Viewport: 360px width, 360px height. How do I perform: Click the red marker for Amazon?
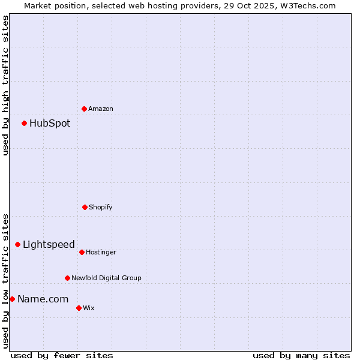(x=84, y=109)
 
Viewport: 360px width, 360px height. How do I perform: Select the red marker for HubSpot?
(x=24, y=124)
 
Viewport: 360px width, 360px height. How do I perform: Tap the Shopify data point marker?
(x=85, y=207)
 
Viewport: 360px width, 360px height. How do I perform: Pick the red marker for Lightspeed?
(x=17, y=244)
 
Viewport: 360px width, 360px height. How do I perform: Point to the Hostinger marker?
(x=82, y=252)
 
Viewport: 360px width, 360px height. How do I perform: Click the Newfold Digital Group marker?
(x=67, y=278)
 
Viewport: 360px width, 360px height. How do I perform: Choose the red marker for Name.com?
(x=12, y=299)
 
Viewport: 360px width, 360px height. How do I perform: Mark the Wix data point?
(x=79, y=308)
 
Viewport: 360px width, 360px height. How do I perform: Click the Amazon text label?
(x=101, y=109)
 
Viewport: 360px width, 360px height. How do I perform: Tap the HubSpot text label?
(x=50, y=124)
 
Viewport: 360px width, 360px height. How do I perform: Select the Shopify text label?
(x=101, y=207)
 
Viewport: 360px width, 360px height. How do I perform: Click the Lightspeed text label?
(x=49, y=244)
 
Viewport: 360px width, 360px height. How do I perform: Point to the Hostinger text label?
(x=101, y=252)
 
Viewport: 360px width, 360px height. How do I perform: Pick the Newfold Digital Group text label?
(x=106, y=278)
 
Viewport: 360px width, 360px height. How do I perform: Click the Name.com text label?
(x=43, y=299)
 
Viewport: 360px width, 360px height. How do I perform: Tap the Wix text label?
(x=89, y=308)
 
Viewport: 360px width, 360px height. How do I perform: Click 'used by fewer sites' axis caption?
(x=62, y=355)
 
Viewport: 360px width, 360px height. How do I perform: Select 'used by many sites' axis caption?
(x=301, y=355)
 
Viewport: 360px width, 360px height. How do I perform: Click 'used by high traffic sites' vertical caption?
(x=5, y=85)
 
